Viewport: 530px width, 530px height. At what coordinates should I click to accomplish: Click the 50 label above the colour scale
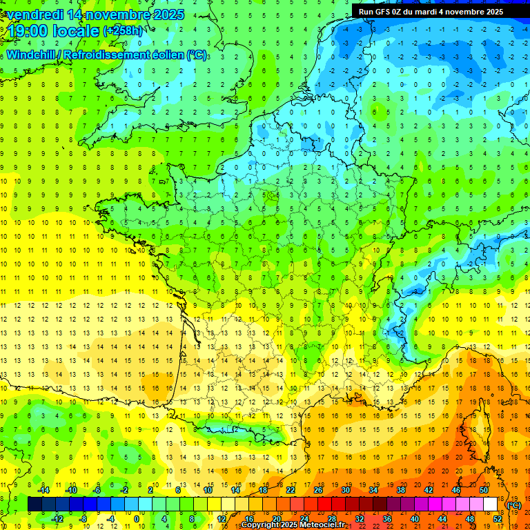483,489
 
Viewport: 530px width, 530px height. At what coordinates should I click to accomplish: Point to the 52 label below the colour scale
497,519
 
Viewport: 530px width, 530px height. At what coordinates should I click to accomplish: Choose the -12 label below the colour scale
58,519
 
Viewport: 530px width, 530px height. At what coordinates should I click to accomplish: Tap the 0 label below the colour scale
136,519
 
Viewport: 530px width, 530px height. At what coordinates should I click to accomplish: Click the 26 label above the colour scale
318,489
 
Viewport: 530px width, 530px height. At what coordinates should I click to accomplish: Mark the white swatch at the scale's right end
491,504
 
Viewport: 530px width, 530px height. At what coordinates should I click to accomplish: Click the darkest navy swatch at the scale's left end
35,504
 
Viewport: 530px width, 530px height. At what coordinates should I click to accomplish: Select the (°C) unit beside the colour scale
514,505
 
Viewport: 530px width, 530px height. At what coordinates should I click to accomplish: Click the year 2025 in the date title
168,14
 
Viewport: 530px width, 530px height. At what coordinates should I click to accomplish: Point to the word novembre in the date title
117,14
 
